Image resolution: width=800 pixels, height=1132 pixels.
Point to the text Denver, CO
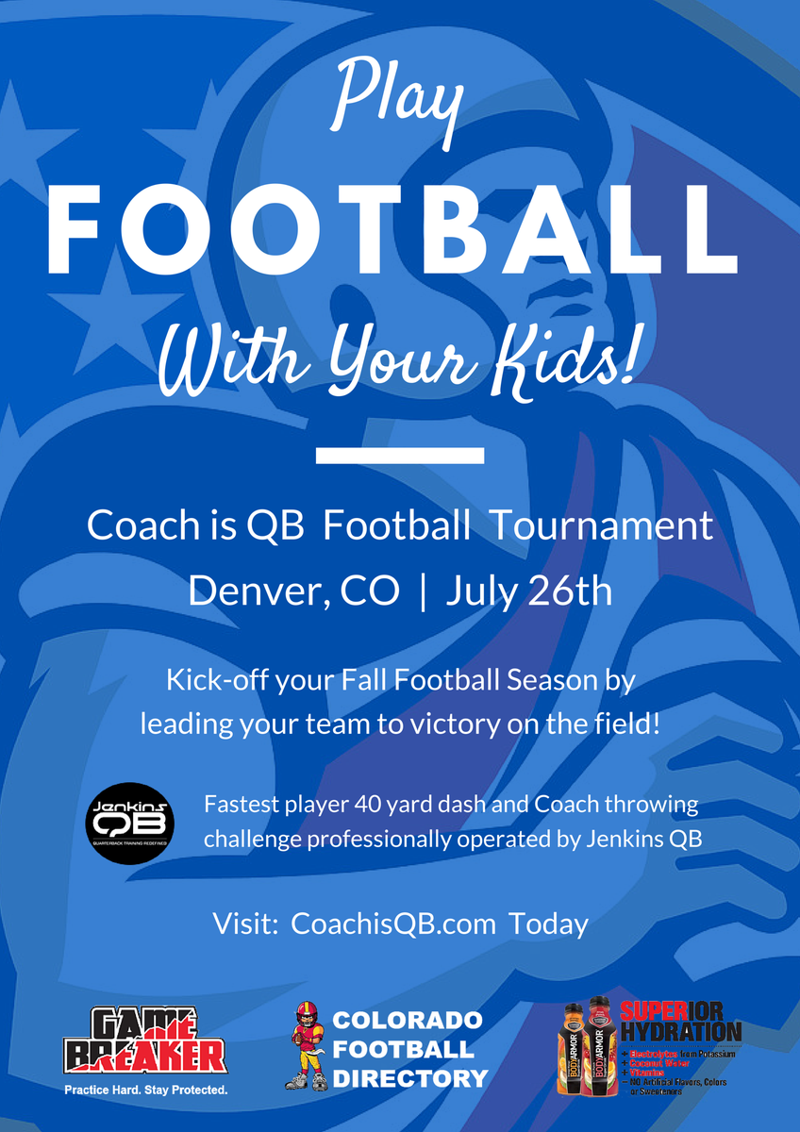[x=280, y=591]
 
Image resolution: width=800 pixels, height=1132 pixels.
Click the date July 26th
[x=528, y=591]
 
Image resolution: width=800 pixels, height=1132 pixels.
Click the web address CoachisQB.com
[x=393, y=923]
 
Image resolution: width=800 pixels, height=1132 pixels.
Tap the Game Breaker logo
[x=145, y=1040]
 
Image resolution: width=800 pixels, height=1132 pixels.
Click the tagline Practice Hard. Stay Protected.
[x=145, y=1090]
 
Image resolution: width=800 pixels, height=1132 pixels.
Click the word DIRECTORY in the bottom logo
[x=409, y=1077]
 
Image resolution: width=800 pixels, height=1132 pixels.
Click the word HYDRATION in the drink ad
[x=681, y=1031]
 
